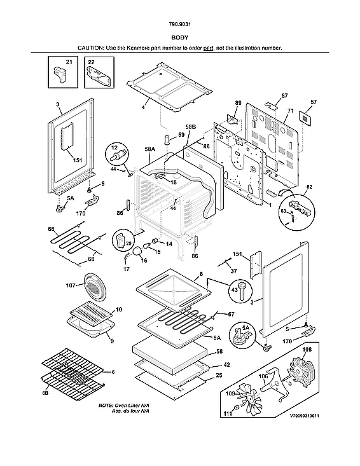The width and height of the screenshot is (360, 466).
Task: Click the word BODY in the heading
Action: (x=179, y=38)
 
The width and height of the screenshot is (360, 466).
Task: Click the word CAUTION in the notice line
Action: (x=92, y=48)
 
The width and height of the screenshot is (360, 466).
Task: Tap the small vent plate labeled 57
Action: (x=306, y=117)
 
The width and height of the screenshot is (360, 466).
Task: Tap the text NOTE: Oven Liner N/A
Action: (x=124, y=405)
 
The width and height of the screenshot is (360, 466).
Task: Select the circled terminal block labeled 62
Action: (x=298, y=206)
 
